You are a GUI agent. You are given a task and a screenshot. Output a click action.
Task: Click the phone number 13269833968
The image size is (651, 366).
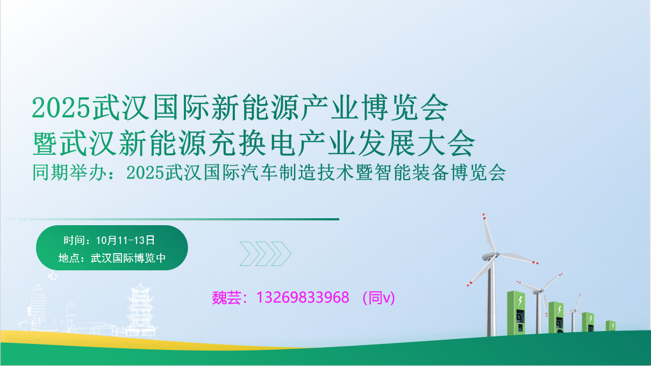303,297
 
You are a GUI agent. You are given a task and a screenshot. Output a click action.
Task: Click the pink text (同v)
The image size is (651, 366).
378,298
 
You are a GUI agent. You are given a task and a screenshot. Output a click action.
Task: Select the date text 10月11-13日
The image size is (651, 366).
125,241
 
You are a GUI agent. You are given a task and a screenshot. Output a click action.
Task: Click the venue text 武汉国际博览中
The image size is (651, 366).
128,258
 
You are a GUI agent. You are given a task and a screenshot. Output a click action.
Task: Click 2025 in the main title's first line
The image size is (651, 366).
61,108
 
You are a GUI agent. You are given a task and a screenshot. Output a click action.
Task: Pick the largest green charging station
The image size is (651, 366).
516,313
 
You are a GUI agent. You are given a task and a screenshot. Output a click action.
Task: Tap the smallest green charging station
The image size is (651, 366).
610,326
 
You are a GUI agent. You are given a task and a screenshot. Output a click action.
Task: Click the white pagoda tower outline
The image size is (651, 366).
141,310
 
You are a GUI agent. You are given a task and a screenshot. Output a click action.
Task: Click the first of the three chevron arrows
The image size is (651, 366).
249,254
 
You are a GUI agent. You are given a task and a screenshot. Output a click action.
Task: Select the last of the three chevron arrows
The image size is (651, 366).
281,254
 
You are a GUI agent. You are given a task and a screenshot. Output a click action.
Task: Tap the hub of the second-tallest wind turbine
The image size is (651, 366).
540,290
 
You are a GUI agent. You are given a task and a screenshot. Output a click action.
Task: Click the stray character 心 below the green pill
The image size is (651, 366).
53,275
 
